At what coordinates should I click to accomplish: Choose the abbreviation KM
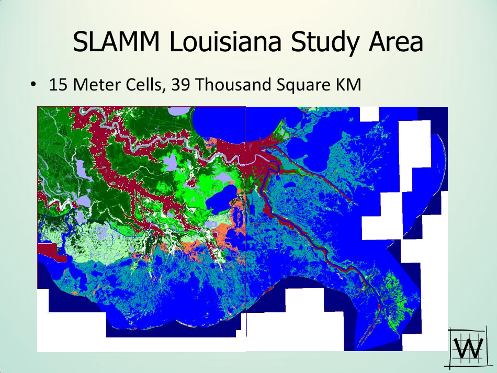[348, 85]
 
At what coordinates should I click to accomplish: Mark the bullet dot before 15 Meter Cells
[33, 85]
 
